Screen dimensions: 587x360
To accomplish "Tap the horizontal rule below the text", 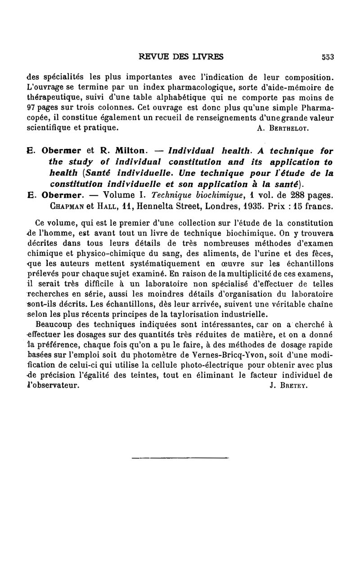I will click(180, 459).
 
